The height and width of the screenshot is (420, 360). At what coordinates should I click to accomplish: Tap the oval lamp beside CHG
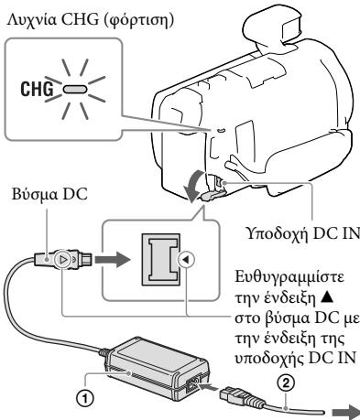coord(68,66)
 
